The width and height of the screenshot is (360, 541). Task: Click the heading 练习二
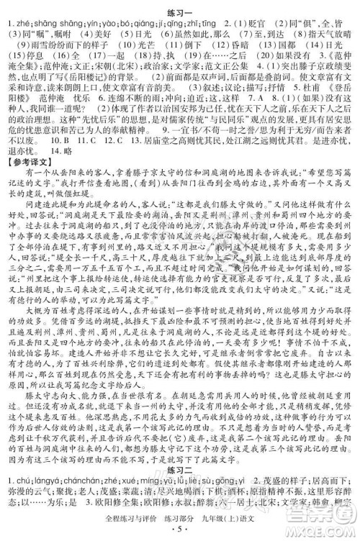click(181, 450)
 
